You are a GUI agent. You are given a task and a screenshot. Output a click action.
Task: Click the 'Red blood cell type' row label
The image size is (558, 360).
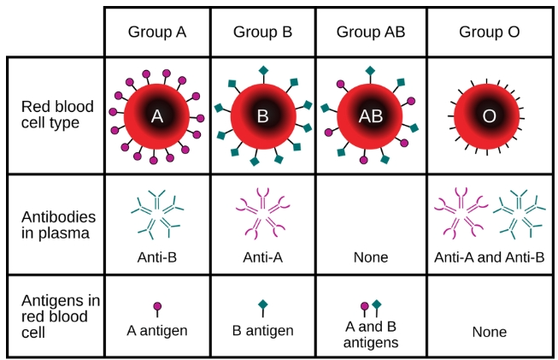coord(53,115)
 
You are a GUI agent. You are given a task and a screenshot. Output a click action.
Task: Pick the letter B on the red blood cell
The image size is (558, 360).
coord(263,116)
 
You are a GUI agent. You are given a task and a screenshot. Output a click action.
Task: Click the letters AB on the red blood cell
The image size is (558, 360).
coord(370,117)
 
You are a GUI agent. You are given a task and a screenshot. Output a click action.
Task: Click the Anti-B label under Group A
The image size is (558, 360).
coord(157,257)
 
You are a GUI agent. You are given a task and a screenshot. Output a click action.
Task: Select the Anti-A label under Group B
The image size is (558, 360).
coord(263,257)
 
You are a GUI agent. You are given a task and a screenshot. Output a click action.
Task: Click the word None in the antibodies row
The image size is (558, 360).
coord(370,257)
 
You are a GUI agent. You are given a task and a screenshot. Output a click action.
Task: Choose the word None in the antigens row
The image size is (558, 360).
coord(489,332)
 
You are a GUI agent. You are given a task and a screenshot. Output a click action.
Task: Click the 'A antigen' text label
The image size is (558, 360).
coord(157,331)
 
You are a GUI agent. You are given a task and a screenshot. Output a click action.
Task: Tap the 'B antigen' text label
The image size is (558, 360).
coord(263,331)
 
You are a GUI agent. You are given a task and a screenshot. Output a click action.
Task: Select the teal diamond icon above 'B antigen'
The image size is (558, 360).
coord(263,304)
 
